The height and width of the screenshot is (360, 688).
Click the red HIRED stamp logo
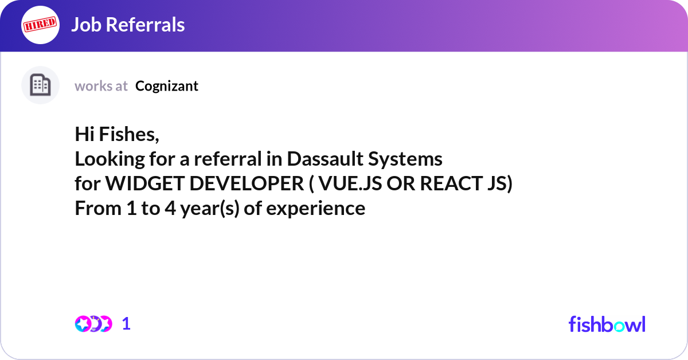pos(40,25)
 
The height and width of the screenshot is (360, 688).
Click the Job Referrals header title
pos(128,25)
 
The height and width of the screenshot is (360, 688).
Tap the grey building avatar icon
pos(40,85)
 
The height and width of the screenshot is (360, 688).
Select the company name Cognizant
pos(167,86)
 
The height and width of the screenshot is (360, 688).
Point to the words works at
pos(101,86)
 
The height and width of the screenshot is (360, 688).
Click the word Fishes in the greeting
pos(129,135)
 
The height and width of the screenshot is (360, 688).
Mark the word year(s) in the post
pos(210,208)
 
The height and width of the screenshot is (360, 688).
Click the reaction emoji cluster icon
pos(93,324)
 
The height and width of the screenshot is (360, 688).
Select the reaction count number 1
pos(126,324)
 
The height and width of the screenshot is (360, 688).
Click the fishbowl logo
pos(607,324)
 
